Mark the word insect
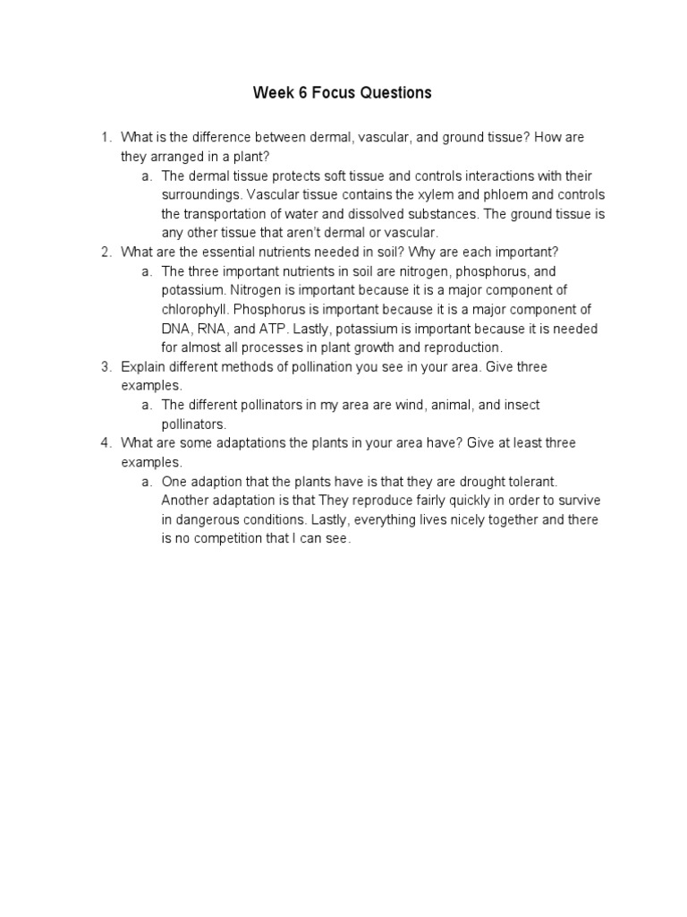pos(522,406)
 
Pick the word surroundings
pos(200,195)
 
